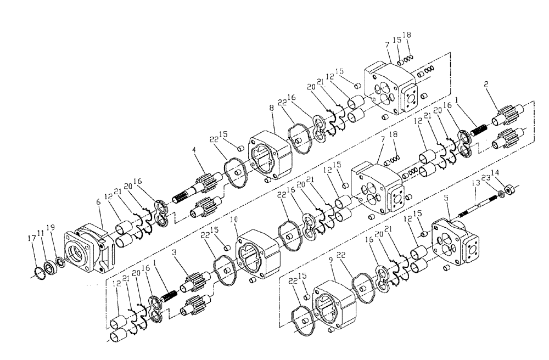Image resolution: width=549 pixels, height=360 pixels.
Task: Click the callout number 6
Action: tap(99, 202)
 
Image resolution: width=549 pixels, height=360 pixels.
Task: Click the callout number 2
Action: tap(485, 85)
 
